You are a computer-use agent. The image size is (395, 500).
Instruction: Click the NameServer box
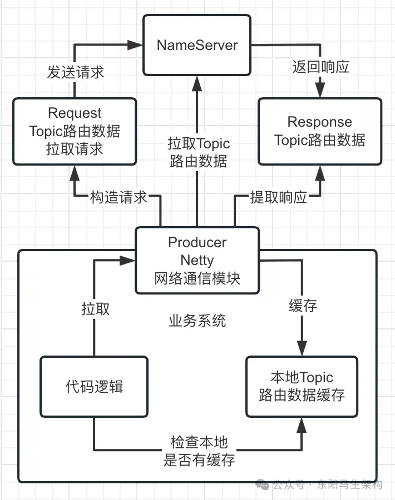[197, 45]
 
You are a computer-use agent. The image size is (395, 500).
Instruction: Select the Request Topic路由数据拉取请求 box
[75, 131]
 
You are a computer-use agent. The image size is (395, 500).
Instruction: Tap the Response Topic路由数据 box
[320, 131]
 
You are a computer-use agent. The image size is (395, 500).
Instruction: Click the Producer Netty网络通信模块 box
[197, 260]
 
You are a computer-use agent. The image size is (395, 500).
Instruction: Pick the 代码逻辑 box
[94, 387]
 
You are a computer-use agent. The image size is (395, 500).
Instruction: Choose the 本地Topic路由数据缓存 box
[302, 387]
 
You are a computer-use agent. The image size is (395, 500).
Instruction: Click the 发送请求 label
[75, 73]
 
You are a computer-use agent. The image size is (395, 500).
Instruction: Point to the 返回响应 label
[320, 67]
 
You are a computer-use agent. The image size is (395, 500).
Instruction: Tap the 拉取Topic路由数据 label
[199, 152]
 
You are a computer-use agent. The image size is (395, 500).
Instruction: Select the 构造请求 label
[119, 197]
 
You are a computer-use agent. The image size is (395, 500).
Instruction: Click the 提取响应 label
[278, 197]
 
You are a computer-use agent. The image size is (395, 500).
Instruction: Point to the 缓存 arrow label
[303, 306]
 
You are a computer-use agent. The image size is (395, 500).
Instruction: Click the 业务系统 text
[197, 321]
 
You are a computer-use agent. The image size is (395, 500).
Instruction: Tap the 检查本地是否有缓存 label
[199, 451]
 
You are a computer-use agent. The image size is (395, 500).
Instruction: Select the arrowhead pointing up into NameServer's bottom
[197, 82]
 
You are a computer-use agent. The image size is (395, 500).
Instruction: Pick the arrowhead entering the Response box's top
[320, 92]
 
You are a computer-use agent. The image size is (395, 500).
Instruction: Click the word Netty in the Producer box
[197, 259]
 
